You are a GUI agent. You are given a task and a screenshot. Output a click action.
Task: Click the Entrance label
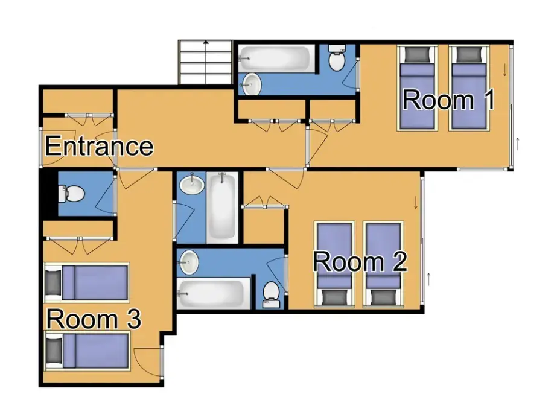coord(99,147)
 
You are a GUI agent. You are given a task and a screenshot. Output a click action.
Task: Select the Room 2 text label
coord(360,262)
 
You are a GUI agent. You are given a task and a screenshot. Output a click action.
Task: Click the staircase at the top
coord(206,63)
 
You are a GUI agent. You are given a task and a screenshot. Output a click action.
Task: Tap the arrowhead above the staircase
coord(206,43)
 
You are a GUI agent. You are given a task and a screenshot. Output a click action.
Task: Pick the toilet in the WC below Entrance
coord(72,194)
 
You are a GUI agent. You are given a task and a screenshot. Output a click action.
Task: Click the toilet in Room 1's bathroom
coord(336,59)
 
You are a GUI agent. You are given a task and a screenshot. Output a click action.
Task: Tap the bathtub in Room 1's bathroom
coord(275,59)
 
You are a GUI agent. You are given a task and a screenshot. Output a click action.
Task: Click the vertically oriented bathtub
coord(223,206)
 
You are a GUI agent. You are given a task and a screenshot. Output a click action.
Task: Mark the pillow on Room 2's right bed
coord(383,297)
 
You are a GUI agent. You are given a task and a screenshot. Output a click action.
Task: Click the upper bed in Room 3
coord(87,281)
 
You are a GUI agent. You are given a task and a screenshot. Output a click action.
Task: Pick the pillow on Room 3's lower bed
coord(54,350)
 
